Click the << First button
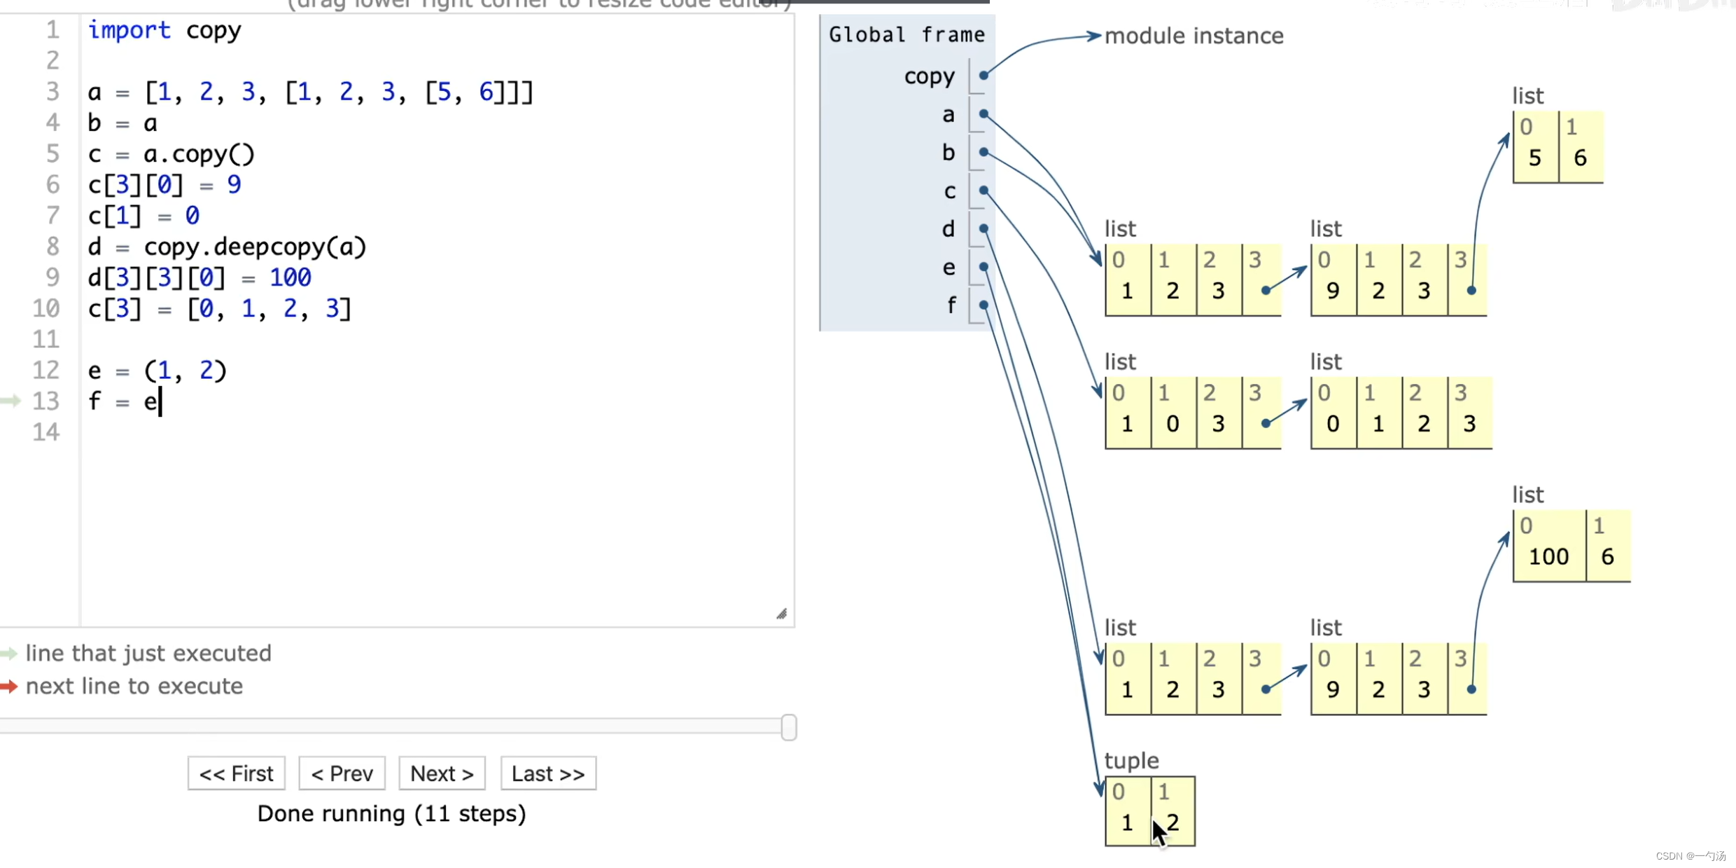click(236, 773)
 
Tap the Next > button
click(442, 773)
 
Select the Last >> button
click(548, 773)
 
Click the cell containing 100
click(1548, 557)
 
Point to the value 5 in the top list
click(1534, 158)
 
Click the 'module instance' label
click(1193, 36)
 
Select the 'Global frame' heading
click(906, 34)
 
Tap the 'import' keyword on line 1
click(129, 30)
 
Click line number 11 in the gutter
click(46, 339)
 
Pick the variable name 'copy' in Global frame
click(929, 76)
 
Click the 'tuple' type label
click(1131, 760)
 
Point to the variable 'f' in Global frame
click(951, 305)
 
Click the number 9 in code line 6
click(234, 185)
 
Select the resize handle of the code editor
click(781, 614)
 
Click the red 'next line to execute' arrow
click(9, 686)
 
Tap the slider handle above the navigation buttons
click(788, 727)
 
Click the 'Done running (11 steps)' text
click(391, 813)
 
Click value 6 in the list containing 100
click(1607, 557)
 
